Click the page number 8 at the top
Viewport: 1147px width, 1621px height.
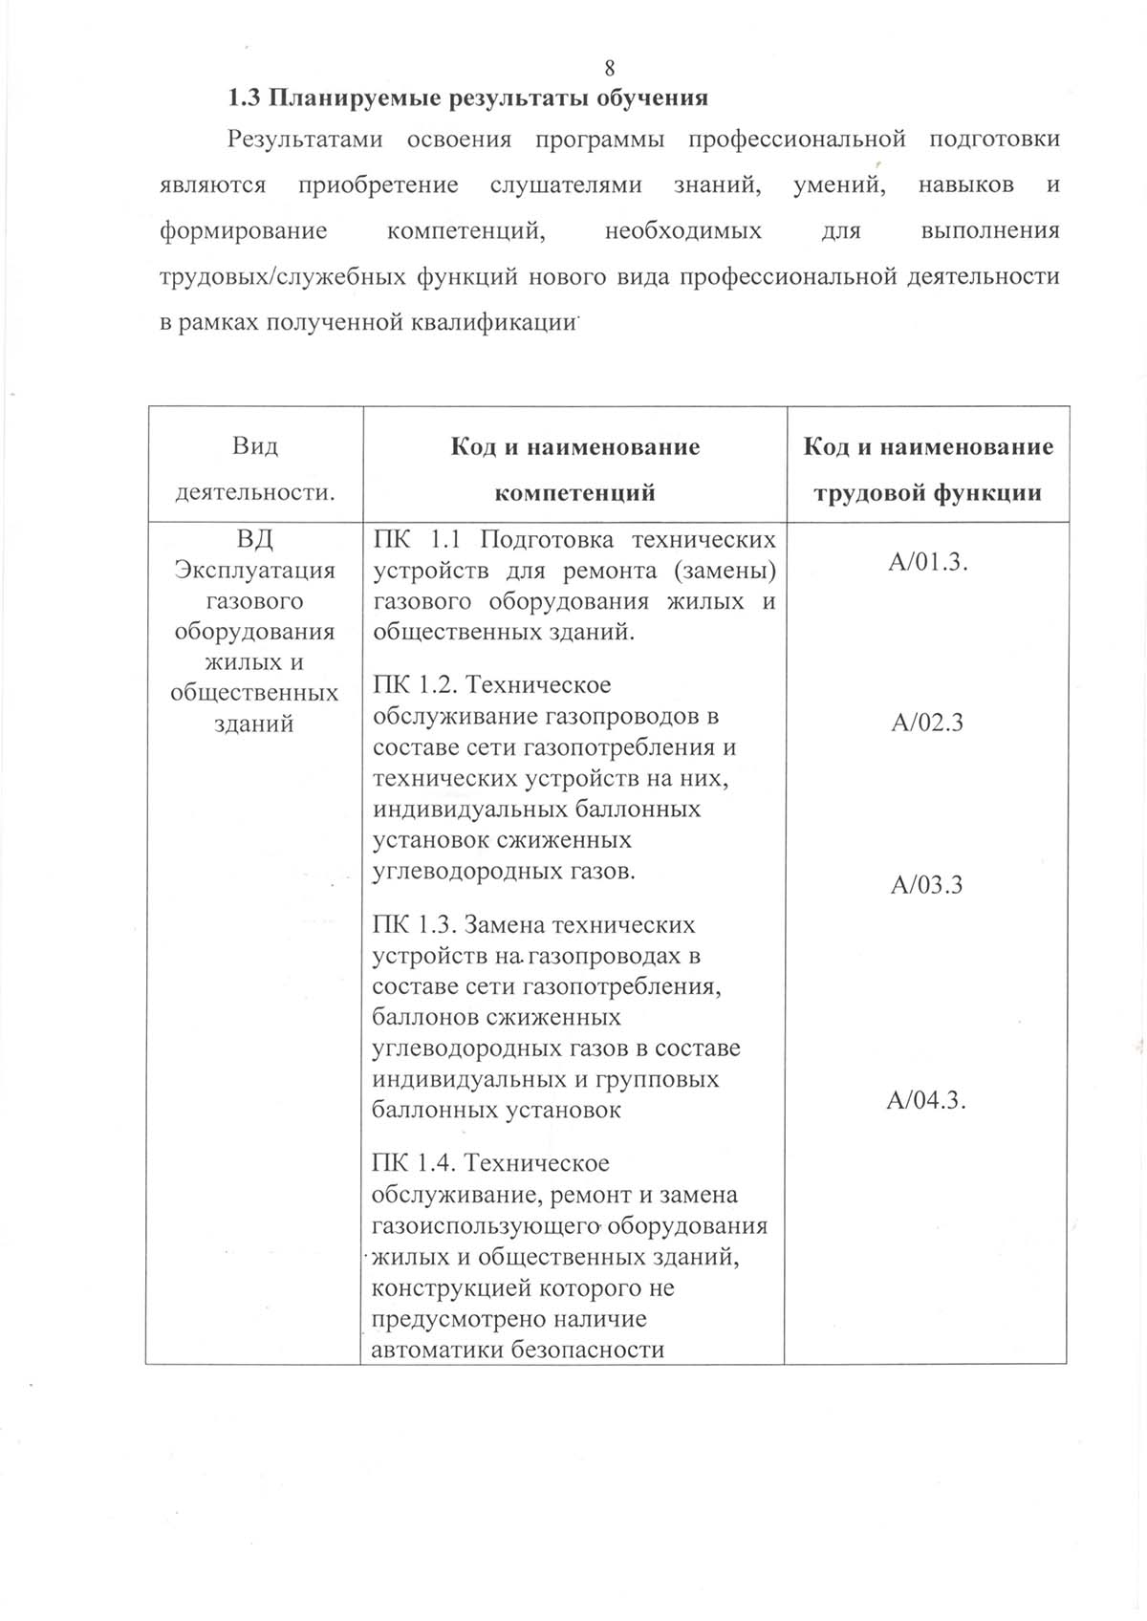[610, 68]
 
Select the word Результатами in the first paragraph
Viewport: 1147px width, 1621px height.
[305, 139]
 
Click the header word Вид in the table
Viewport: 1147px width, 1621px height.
[254, 446]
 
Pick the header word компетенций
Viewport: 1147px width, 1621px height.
[574, 493]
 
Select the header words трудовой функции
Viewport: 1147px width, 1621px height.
[926, 493]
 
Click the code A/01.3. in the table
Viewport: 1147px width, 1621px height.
[927, 562]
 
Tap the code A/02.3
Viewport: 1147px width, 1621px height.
[926, 722]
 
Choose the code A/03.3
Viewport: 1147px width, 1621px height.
[926, 884]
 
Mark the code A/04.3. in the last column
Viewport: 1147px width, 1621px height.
[926, 1100]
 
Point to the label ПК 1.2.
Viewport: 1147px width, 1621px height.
[419, 685]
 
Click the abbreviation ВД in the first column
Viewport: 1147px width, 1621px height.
[254, 540]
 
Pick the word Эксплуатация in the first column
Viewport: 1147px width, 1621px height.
[254, 571]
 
